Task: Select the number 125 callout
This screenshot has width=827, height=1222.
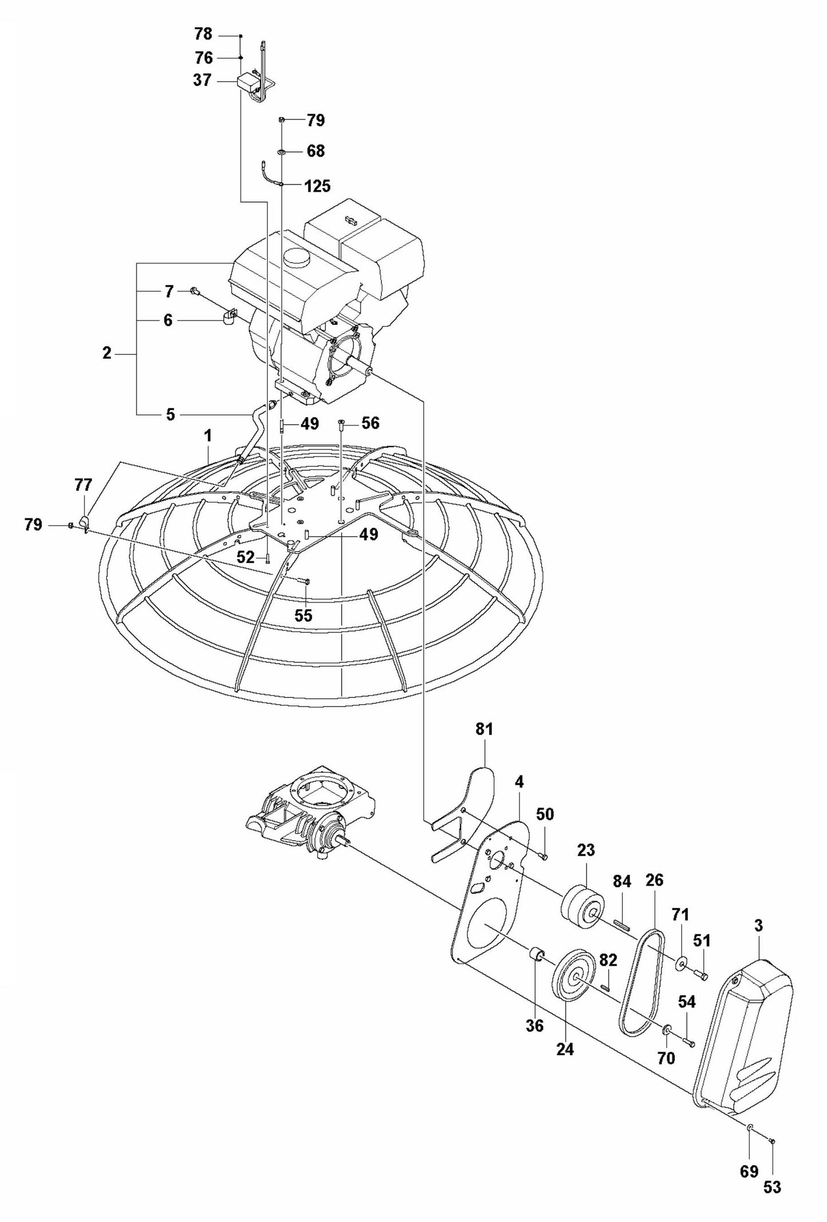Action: pos(318,186)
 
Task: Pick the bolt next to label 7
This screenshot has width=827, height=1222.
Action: pos(195,292)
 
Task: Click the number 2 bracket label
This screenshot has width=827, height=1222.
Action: pos(107,353)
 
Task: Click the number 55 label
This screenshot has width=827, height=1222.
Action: pos(303,615)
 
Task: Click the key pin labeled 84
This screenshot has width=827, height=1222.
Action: pos(622,922)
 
